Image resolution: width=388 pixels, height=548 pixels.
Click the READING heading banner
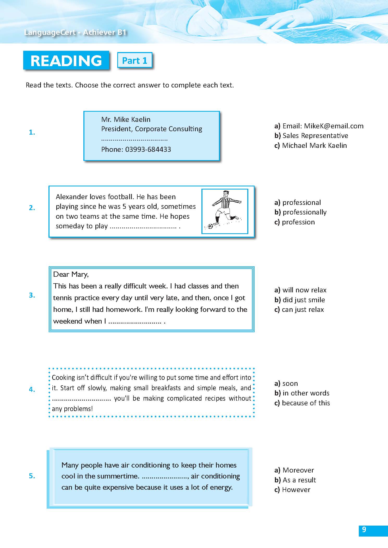coord(66,60)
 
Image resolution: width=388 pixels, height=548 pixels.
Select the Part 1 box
coord(134,60)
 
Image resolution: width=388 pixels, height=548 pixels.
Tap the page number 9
coord(364,530)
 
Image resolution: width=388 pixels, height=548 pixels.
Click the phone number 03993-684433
coord(148,149)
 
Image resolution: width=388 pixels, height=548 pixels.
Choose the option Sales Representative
coord(315,136)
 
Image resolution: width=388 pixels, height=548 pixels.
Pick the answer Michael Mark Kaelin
coord(314,146)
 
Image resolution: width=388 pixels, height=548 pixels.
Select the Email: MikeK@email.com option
coord(323,126)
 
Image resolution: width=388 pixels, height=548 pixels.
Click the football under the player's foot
coord(210,226)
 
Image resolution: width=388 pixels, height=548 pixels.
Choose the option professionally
coord(304,212)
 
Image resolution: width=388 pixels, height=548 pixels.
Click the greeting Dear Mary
coord(71,274)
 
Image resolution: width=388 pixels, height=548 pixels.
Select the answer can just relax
coord(303,310)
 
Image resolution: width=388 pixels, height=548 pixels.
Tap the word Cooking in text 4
coord(61,377)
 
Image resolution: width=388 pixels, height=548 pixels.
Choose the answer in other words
coord(306,393)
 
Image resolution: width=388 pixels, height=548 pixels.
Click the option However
coord(296,490)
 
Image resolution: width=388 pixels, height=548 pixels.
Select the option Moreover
coord(298,470)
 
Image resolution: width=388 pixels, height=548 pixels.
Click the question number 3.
coord(32,295)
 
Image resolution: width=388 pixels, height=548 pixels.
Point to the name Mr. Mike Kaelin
coord(126,119)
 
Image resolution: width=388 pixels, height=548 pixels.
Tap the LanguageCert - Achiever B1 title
coord(75,32)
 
